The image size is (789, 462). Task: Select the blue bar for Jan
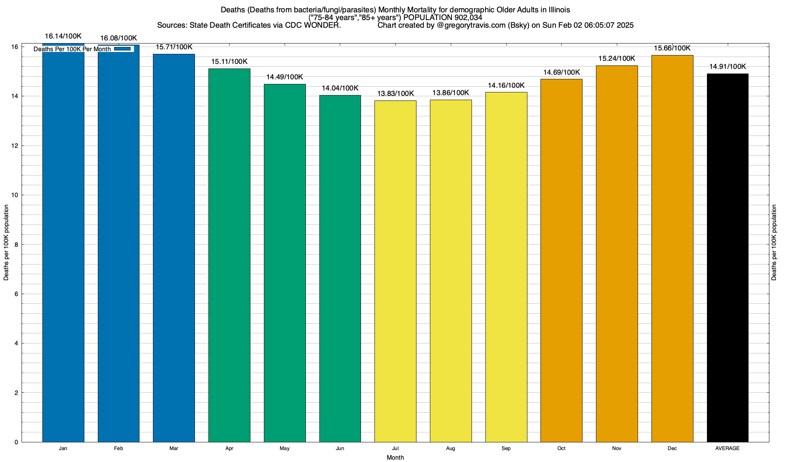(x=63, y=246)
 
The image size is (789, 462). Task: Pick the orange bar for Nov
(x=617, y=254)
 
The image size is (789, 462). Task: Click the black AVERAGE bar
(x=728, y=258)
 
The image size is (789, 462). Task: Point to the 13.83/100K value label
(x=395, y=94)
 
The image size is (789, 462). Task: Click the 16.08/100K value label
(x=119, y=38)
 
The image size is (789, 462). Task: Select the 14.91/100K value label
(x=728, y=67)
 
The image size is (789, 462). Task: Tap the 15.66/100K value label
(x=672, y=49)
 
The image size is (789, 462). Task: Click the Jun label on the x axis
(x=340, y=449)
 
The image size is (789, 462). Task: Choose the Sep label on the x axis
(x=506, y=449)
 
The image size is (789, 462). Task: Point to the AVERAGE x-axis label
(x=727, y=449)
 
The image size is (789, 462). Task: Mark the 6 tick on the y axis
(x=16, y=294)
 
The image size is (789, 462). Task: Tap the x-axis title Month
(x=395, y=457)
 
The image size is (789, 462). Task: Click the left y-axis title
(x=6, y=243)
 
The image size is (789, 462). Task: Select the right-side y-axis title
(x=774, y=243)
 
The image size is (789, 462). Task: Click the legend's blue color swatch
(x=123, y=49)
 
